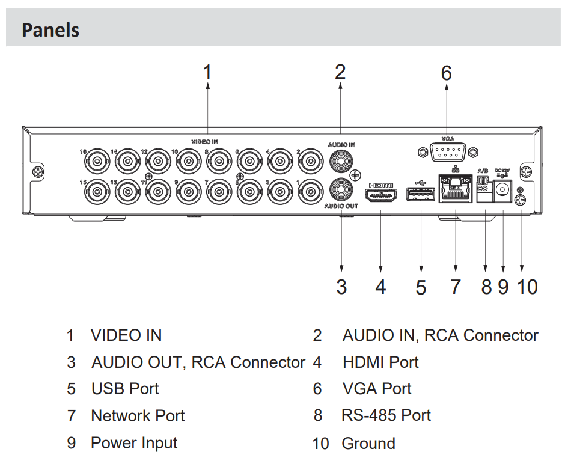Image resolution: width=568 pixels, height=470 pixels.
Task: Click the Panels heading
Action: [x=50, y=30]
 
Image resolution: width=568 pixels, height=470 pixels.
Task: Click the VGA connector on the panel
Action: [x=448, y=151]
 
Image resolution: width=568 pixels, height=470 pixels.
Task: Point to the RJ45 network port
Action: [x=455, y=189]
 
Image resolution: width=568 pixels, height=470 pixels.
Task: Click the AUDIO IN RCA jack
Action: [x=341, y=160]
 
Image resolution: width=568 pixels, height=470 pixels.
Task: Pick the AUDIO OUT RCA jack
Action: [x=341, y=189]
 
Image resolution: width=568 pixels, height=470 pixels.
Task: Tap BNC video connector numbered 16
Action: [x=96, y=160]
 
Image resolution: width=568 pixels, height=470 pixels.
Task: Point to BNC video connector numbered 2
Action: [x=310, y=160]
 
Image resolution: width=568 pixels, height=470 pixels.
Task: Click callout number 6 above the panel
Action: [x=446, y=73]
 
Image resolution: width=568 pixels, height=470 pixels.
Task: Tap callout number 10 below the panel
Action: [x=527, y=287]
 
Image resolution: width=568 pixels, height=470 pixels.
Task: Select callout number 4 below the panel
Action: [x=380, y=287]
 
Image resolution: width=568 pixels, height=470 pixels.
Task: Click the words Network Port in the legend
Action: [x=138, y=415]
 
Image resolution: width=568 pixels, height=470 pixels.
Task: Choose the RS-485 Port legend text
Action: [x=386, y=415]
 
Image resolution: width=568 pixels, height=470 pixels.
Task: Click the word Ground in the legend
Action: [x=368, y=444]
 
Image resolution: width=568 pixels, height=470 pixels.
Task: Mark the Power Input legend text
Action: [x=134, y=444]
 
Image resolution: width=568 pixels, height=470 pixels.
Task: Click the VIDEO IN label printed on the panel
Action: [x=204, y=142]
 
